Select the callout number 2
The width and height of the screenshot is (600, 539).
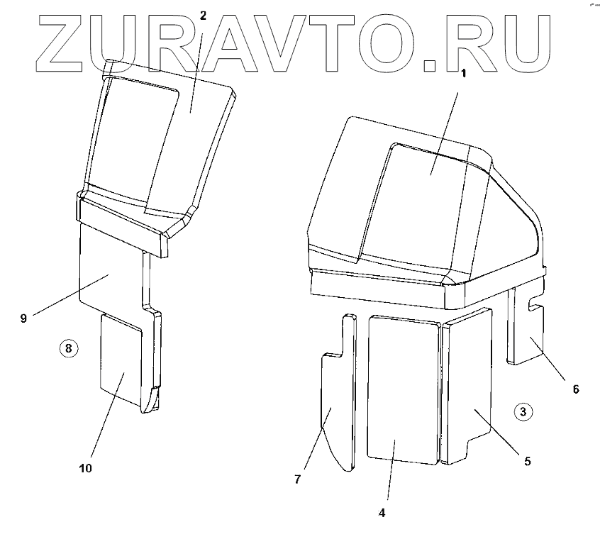[203, 16]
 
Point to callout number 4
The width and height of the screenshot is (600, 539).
[382, 511]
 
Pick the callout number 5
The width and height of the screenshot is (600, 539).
[527, 461]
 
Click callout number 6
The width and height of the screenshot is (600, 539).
[576, 389]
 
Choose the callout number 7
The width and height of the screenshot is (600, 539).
[298, 480]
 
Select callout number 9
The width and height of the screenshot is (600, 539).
[23, 318]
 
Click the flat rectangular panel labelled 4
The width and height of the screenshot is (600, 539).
[403, 390]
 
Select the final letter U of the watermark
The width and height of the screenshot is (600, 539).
[522, 43]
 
